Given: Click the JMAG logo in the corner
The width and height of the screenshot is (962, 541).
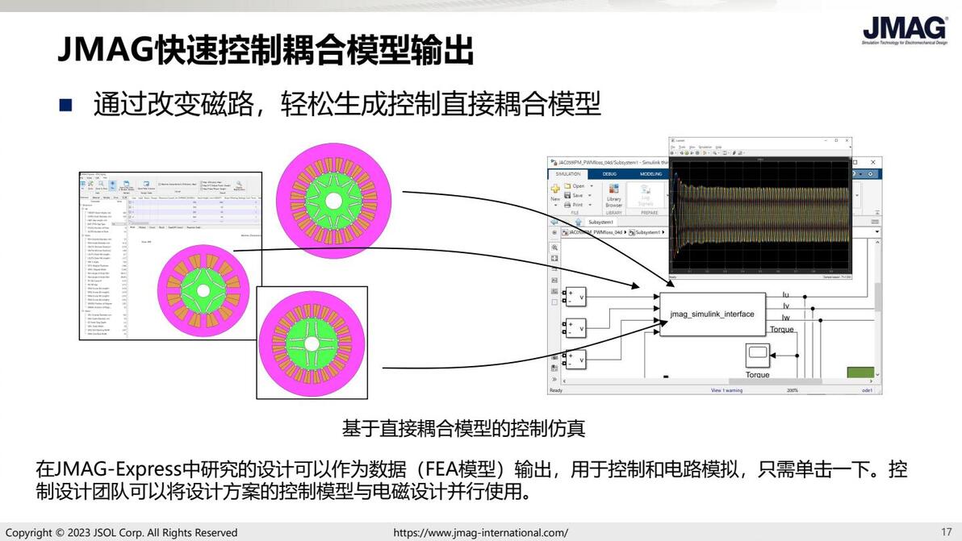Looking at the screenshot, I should tap(905, 30).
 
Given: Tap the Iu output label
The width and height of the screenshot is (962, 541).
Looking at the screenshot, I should tap(786, 296).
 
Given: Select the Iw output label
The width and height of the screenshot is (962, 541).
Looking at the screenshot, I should tap(787, 318).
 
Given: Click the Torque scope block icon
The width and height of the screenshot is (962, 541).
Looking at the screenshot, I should tap(757, 354).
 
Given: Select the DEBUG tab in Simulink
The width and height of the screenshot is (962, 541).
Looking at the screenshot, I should tap(609, 173).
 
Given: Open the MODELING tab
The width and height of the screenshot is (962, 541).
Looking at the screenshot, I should tap(650, 173).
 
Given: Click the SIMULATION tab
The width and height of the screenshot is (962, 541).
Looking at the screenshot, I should tap(568, 173).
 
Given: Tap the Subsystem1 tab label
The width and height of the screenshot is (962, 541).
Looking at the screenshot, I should tap(600, 221).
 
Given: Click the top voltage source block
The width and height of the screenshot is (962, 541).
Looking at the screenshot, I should tap(576, 298).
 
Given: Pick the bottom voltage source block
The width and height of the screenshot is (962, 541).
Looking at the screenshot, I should tap(576, 360).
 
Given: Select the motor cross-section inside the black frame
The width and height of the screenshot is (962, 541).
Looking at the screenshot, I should tap(312, 342).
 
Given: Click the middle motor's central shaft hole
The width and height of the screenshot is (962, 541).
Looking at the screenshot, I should tap(204, 290).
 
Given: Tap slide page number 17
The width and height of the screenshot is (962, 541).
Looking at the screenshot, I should tap(947, 532).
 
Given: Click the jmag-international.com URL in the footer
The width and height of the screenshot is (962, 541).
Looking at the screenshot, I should tap(480, 533).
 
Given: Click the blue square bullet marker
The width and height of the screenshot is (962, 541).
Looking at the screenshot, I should tap(65, 105).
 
